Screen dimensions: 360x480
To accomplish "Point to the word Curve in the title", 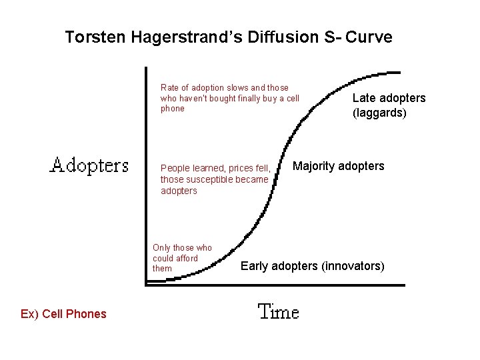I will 370,37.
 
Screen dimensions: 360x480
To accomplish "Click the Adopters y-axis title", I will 89,165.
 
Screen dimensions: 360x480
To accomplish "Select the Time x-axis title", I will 278,311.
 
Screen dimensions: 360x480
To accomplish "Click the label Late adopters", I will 389,98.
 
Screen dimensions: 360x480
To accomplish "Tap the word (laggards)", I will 379,113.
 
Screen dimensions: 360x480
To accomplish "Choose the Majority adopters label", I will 339,166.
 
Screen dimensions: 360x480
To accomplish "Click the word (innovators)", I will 353,266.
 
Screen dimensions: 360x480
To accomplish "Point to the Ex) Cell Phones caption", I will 63,314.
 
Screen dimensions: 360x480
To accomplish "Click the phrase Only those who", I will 182,248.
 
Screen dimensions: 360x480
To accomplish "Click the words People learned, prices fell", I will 215,168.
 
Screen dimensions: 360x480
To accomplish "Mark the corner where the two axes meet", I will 146,285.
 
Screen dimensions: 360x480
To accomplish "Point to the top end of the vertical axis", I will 146,68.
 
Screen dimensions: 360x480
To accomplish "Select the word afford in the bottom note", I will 185,258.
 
